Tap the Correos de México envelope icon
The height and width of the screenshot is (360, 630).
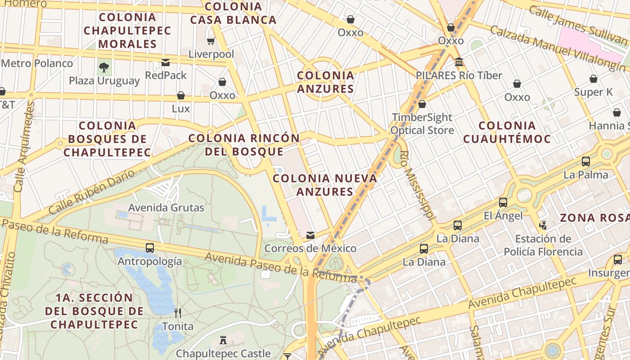[310, 235]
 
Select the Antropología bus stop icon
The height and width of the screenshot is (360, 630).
[150, 247]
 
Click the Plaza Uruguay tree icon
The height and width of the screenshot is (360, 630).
[104, 67]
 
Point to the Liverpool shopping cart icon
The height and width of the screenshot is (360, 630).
[211, 41]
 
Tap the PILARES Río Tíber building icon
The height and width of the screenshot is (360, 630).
[459, 62]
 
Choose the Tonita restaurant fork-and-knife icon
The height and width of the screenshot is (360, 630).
[178, 313]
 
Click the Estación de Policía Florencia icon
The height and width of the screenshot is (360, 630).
[543, 225]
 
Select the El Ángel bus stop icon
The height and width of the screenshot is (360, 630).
[503, 202]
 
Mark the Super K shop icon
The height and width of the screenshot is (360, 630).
[594, 79]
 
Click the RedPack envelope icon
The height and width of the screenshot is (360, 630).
[166, 62]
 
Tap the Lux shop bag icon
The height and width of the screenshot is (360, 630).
[180, 95]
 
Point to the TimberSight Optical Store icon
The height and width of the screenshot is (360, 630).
[422, 104]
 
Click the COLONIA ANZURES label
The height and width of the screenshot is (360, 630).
[326, 82]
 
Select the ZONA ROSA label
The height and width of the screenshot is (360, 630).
[594, 218]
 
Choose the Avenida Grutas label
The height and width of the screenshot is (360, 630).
[166, 207]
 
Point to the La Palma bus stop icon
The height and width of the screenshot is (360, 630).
[585, 162]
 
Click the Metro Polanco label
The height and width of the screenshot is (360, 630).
[37, 63]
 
